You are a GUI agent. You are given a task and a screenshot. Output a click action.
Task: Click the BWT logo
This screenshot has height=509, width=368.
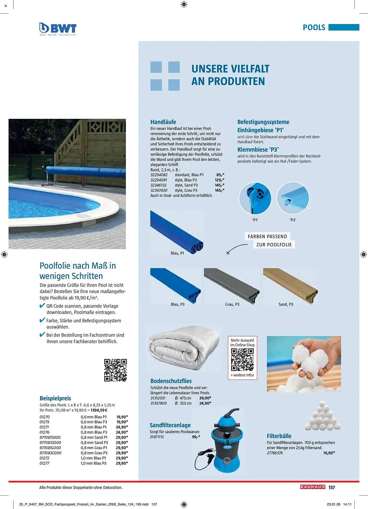pyautogui.click(x=58, y=29)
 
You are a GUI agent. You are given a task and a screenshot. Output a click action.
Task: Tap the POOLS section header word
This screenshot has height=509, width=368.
pyautogui.click(x=314, y=27)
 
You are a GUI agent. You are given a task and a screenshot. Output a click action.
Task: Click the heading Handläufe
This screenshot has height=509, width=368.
pyautogui.click(x=163, y=122)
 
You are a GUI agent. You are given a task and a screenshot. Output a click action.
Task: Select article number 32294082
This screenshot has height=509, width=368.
pyautogui.click(x=159, y=175)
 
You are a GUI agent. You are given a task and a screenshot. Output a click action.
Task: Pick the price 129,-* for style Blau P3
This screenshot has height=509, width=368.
pyautogui.click(x=219, y=180)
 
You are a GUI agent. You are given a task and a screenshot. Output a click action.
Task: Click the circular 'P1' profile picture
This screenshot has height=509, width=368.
pyautogui.click(x=255, y=198)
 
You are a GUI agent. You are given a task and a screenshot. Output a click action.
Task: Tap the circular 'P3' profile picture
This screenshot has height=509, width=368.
pyautogui.click(x=293, y=198)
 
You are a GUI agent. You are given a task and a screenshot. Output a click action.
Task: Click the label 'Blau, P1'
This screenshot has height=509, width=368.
pyautogui.click(x=177, y=253)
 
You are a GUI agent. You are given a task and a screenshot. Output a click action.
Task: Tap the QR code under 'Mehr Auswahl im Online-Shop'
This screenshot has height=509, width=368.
pyautogui.click(x=242, y=360)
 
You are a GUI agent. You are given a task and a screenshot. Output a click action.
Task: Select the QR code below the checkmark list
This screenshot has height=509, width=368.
pyautogui.click(x=115, y=370)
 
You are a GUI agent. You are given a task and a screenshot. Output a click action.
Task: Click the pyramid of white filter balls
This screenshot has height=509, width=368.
pyautogui.click(x=322, y=416)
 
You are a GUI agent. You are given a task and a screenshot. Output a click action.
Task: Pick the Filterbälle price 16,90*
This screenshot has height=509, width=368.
pyautogui.click(x=329, y=453)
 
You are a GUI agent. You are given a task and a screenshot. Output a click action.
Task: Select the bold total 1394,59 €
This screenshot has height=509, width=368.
pyautogui.click(x=99, y=410)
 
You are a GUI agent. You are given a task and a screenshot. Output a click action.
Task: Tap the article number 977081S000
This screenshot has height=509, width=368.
pyautogui.click(x=50, y=437)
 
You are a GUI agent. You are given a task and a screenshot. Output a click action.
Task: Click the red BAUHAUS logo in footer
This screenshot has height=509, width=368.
pyautogui.click(x=312, y=487)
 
